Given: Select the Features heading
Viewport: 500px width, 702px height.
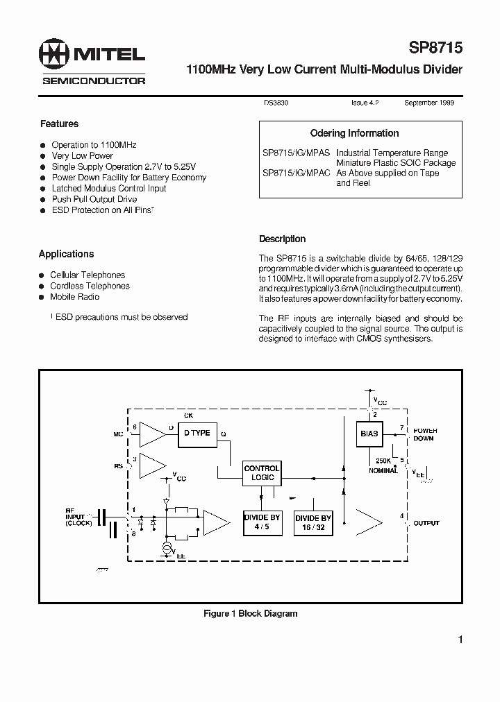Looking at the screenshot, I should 59,124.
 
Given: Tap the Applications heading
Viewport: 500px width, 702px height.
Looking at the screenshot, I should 66,255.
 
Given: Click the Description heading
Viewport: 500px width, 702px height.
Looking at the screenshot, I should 282,239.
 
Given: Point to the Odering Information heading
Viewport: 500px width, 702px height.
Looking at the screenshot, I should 354,133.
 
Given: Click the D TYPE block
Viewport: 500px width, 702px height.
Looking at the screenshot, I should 197,433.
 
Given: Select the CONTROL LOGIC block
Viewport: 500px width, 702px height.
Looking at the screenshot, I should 262,473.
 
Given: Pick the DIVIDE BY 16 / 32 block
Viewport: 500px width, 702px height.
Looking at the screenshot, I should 313,522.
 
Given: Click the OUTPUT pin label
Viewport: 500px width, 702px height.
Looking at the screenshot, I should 426,523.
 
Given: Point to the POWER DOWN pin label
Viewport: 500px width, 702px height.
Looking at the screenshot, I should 425,434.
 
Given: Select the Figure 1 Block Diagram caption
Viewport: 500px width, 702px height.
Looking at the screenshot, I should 250,614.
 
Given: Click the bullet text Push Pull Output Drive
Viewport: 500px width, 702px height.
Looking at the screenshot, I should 94,200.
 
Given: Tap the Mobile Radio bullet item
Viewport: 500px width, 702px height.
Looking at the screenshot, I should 74,297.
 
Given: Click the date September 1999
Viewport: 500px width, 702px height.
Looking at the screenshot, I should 430,103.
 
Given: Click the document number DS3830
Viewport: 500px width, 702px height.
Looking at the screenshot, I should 276,103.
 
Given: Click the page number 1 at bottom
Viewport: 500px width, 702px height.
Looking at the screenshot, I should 460,640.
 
